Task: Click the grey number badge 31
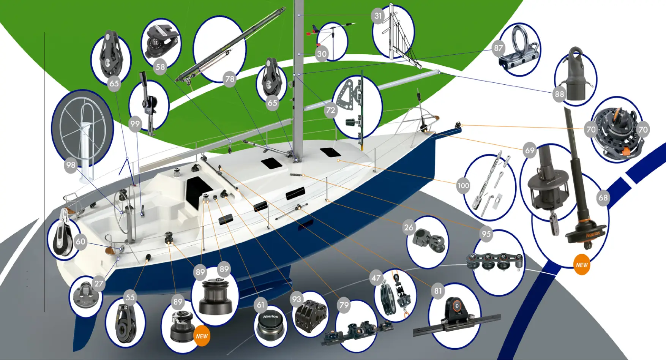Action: [x=378, y=16]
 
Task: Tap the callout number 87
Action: [x=498, y=48]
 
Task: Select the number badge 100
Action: [x=463, y=186]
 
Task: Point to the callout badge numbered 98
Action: [x=71, y=165]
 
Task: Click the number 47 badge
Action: [x=376, y=278]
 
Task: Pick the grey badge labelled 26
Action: [x=409, y=227]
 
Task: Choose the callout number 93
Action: [x=297, y=300]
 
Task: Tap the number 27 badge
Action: [x=99, y=284]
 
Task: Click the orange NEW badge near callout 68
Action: [x=582, y=265]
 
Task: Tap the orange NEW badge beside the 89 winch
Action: [x=202, y=336]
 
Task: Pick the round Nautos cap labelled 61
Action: [x=270, y=325]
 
